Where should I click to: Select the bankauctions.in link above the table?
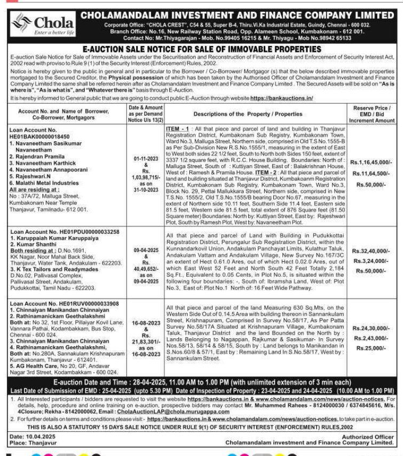click(x=281, y=99)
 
